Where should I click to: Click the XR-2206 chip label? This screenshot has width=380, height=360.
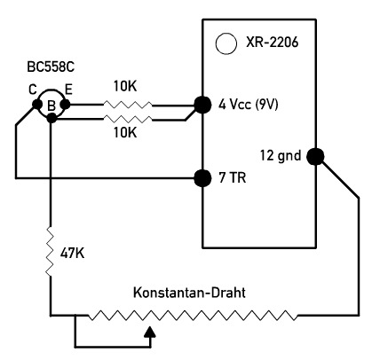click(272, 43)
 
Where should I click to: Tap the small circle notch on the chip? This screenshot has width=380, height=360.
click(226, 43)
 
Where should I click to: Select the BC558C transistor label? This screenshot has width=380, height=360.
click(51, 67)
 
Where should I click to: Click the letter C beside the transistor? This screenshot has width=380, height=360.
click(33, 90)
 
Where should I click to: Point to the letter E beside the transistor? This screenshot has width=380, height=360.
click(68, 90)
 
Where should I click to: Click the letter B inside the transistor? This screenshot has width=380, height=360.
click(51, 106)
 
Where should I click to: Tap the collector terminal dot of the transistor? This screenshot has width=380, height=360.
click(37, 104)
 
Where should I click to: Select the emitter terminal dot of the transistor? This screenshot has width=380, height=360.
click(65, 104)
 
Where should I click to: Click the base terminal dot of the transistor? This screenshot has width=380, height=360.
click(51, 119)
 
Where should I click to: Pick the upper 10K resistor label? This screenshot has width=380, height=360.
click(125, 86)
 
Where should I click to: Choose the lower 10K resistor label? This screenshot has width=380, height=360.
click(125, 133)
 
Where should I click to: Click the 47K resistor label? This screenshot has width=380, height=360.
click(72, 253)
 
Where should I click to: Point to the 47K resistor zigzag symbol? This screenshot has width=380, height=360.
click(50, 251)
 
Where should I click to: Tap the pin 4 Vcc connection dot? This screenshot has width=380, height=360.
click(202, 105)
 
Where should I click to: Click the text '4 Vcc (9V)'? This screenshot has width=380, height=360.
click(249, 105)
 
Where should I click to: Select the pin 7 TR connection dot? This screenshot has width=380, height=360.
click(202, 178)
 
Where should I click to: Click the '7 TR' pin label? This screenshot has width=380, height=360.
click(233, 178)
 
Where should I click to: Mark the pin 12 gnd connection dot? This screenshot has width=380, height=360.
click(315, 156)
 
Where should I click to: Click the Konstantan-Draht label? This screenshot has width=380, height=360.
click(189, 293)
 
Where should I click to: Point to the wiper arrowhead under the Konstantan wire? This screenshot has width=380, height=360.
click(151, 332)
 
